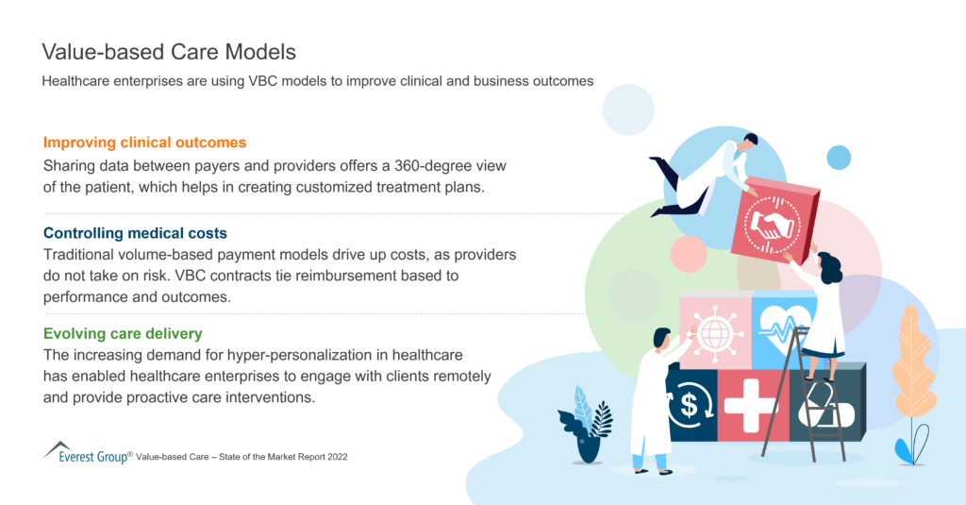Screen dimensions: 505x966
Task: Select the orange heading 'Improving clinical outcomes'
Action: (144, 143)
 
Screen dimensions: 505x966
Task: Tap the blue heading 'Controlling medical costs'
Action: (135, 233)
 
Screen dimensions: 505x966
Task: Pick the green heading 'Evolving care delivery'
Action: (123, 333)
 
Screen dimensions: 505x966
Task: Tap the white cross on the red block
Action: (752, 403)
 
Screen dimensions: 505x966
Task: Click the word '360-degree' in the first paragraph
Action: (430, 165)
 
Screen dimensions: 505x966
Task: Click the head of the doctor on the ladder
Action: (831, 267)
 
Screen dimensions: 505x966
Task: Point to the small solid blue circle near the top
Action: (839, 157)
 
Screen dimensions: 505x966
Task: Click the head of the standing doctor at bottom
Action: (663, 336)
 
